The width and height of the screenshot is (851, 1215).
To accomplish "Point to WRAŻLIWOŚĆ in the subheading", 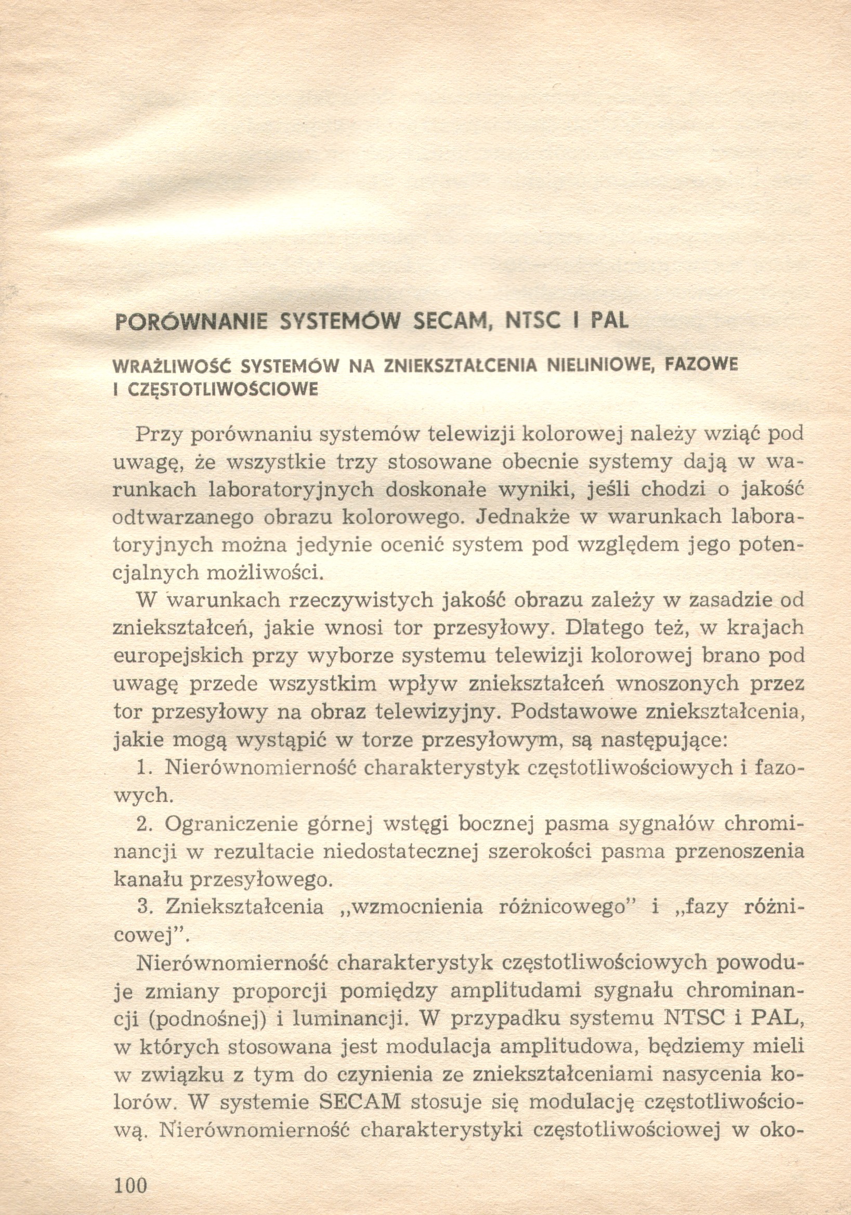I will [173, 366].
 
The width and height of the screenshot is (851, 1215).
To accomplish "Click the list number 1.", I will [142, 768].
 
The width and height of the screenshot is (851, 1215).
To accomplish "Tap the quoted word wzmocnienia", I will [417, 906].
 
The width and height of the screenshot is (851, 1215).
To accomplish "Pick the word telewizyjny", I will [437, 711].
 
